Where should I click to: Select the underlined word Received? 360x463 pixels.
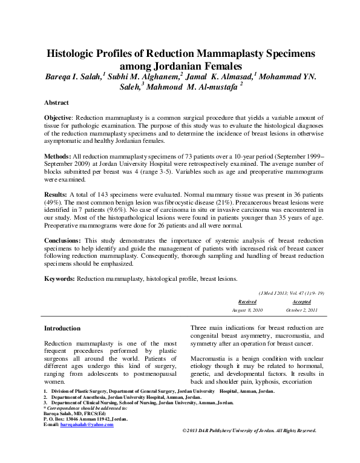[x=247, y=301]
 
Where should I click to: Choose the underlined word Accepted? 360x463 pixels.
[x=301, y=301]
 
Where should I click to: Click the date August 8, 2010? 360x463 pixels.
[x=247, y=310]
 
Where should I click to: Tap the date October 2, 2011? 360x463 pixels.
[x=301, y=310]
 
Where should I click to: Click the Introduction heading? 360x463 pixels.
[x=62, y=328]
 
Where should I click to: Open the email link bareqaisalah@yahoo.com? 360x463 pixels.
[x=87, y=425]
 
